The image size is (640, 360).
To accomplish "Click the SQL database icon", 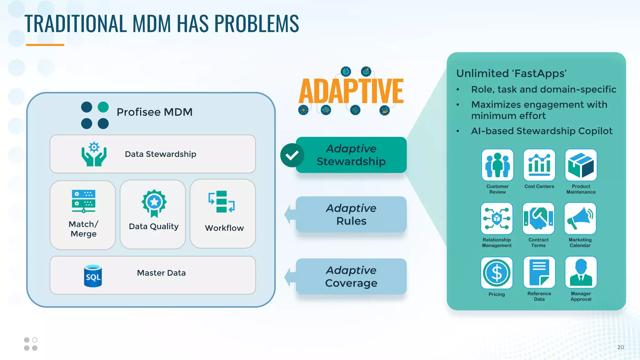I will [x=93, y=276].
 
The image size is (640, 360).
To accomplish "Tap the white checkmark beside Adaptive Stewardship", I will [x=292, y=155].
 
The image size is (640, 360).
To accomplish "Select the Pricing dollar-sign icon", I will [x=497, y=273].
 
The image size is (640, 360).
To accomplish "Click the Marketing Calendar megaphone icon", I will [x=580, y=218].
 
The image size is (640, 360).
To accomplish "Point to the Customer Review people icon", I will [x=497, y=165].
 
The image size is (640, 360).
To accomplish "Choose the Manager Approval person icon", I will [x=581, y=272].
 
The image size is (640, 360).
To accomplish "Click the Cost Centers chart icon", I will [x=539, y=165].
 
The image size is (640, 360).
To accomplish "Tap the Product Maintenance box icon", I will [x=581, y=165].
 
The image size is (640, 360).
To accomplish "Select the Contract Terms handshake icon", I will [x=538, y=218].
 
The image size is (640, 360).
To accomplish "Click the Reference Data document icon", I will [x=539, y=272].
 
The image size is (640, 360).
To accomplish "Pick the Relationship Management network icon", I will [x=497, y=218].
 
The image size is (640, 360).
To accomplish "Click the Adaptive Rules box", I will [x=351, y=214].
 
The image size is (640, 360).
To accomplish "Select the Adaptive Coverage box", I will [x=351, y=277].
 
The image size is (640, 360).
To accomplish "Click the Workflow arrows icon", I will [x=222, y=202].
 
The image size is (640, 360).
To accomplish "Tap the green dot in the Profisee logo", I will [x=103, y=107].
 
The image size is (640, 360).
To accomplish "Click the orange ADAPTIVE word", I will [x=351, y=91].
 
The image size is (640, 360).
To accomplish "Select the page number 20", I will [x=620, y=347].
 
